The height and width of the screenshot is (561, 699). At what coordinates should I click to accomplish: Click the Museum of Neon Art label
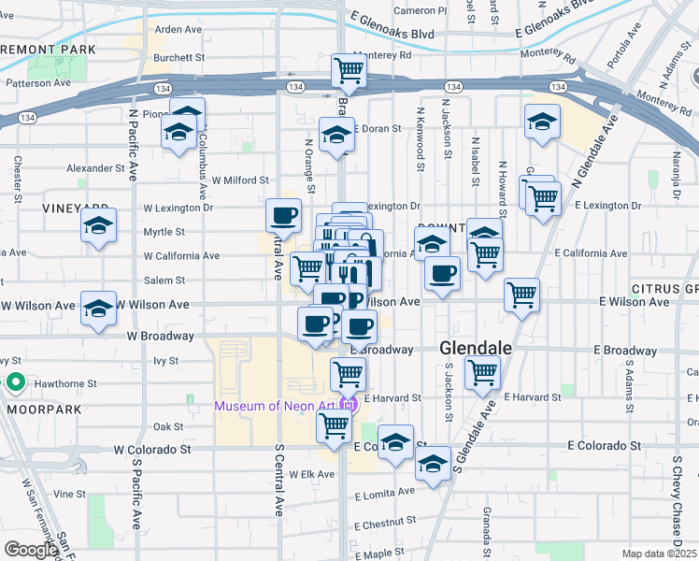point(276,406)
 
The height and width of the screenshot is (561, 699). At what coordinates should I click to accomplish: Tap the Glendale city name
point(476,348)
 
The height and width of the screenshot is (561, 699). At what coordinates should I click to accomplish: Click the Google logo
point(31,550)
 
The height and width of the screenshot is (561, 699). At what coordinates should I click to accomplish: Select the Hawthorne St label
point(65,383)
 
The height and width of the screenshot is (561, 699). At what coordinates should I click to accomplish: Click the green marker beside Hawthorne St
point(16,382)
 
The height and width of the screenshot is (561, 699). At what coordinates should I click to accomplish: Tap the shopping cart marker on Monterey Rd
point(349,68)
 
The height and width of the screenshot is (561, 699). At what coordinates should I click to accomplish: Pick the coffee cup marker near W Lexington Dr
point(284,216)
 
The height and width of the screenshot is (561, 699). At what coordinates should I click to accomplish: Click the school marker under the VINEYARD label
point(98,226)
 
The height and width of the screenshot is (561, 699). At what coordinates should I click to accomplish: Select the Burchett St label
point(179,57)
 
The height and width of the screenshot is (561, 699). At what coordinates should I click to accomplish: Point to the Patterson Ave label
point(38,82)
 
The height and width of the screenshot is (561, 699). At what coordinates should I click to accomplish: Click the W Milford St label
point(240,180)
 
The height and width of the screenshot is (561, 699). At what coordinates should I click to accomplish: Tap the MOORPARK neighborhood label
point(38,409)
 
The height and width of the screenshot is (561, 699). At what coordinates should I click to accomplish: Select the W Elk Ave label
point(312,474)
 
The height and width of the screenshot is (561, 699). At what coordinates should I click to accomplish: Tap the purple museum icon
point(348,405)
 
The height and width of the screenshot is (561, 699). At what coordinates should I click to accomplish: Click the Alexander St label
point(95,168)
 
